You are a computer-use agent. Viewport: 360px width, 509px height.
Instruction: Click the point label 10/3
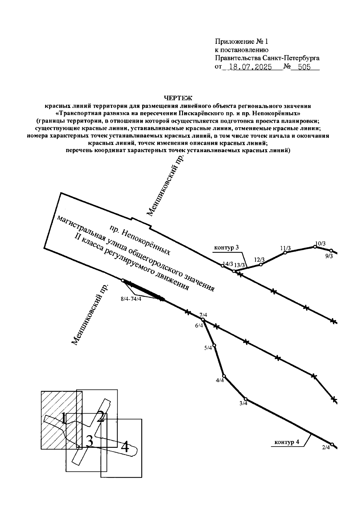(x=320, y=244)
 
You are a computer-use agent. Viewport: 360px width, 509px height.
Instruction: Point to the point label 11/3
(x=285, y=248)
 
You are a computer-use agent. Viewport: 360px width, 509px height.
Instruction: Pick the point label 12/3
(x=259, y=260)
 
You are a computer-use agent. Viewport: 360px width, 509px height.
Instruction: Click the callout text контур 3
(x=226, y=248)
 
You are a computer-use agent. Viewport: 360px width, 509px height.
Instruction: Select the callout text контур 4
(x=287, y=442)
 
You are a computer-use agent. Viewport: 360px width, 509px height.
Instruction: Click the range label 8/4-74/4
(x=131, y=299)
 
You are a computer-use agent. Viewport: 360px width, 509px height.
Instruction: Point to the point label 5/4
(x=208, y=348)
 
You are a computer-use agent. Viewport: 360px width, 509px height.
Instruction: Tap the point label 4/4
(x=220, y=381)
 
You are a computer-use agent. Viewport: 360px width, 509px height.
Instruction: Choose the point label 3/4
(x=243, y=403)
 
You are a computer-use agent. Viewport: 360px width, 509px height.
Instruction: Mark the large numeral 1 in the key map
(x=63, y=418)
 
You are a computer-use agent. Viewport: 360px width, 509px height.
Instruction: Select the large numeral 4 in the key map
(x=125, y=447)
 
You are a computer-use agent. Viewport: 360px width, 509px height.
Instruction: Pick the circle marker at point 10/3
(x=315, y=247)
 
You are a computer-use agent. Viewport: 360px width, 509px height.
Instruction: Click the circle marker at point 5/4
(x=214, y=345)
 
